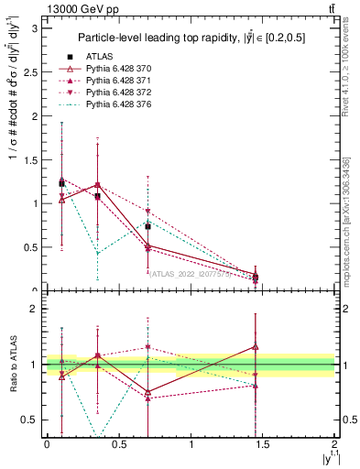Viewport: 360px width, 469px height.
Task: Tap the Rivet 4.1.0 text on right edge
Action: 346,69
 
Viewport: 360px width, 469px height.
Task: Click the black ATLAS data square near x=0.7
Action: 147,226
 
